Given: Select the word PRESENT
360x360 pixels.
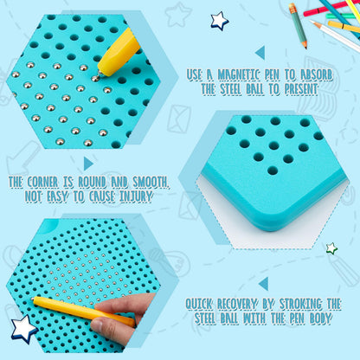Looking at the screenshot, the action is tap(301, 89).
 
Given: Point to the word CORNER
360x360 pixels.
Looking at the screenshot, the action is tap(42, 182).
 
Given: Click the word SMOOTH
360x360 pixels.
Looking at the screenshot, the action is tap(151, 182).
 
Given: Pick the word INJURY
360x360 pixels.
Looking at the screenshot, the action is tap(136, 196).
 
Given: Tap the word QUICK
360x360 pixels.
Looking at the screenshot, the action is tap(199, 304).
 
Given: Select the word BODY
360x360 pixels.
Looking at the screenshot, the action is tap(320, 318).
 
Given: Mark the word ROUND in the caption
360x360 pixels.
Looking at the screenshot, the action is tap(92, 182).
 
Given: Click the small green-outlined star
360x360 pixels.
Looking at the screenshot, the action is tap(331, 248).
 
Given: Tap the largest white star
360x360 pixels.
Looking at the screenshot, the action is tap(23, 328).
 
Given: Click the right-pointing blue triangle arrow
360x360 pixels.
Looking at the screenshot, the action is tap(88, 164).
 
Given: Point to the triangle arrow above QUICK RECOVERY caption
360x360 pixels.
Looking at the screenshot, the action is tap(264, 284).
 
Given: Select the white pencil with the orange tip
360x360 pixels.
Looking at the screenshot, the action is tap(336, 35).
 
